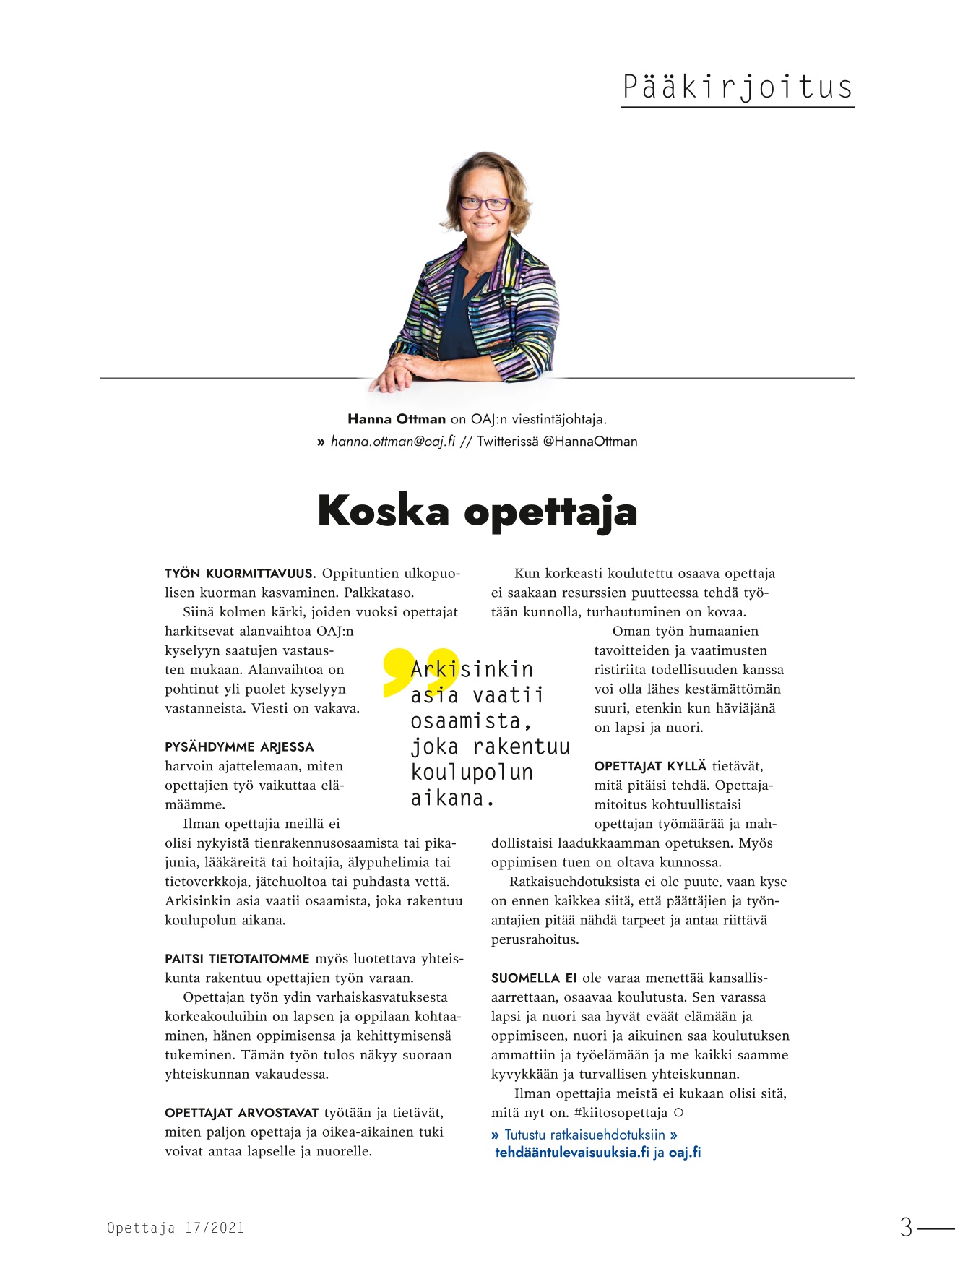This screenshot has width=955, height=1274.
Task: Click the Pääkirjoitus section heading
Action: pos(737,87)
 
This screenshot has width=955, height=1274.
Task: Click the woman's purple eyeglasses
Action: pos(484,204)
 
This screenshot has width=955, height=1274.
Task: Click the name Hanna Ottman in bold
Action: pos(397,419)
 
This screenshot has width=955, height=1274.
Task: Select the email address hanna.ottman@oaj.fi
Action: pos(393,442)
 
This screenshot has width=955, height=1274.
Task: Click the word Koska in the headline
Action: pos(384,511)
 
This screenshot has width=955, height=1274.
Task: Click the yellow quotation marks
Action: pos(419,671)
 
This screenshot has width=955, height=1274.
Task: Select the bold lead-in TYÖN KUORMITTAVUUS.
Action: pos(241,574)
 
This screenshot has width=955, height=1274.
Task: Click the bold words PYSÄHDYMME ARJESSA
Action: pos(239,747)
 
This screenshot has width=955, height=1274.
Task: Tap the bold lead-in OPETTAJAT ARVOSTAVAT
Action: pos(242,1113)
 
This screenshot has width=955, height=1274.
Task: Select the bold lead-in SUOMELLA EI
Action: pos(534,978)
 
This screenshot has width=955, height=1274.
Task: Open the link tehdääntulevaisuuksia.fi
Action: pos(572,1153)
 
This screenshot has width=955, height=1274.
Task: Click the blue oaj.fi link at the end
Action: pos(685,1153)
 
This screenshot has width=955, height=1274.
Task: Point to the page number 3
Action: pos(907,1227)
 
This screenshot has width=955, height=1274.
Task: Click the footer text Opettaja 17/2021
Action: pos(176,1228)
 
